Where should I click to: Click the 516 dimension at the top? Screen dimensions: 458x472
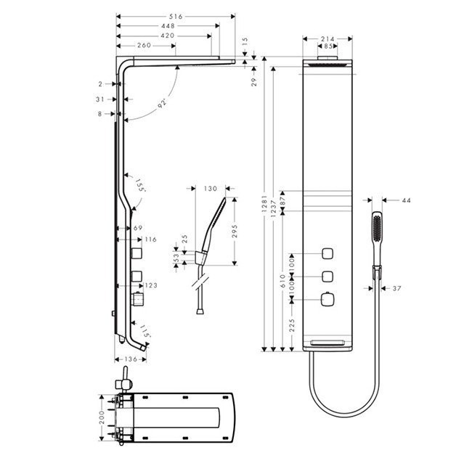pyautogui.click(x=176, y=15)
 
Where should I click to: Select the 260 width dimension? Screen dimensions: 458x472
pyautogui.click(x=144, y=45)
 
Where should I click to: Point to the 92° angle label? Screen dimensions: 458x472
pyautogui.click(x=163, y=103)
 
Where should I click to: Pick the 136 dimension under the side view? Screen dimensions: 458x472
pyautogui.click(x=131, y=359)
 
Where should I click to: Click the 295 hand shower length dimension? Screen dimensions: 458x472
pyautogui.click(x=235, y=232)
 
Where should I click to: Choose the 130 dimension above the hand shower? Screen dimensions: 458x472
pyautogui.click(x=211, y=189)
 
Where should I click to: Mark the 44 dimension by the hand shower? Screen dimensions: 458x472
pyautogui.click(x=405, y=200)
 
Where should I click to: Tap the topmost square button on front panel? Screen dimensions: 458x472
pyautogui.click(x=328, y=254)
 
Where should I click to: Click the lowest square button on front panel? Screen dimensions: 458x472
pyautogui.click(x=328, y=298)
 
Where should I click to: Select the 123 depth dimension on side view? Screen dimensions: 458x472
pyautogui.click(x=151, y=286)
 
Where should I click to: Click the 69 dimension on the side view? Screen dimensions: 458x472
pyautogui.click(x=138, y=228)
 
